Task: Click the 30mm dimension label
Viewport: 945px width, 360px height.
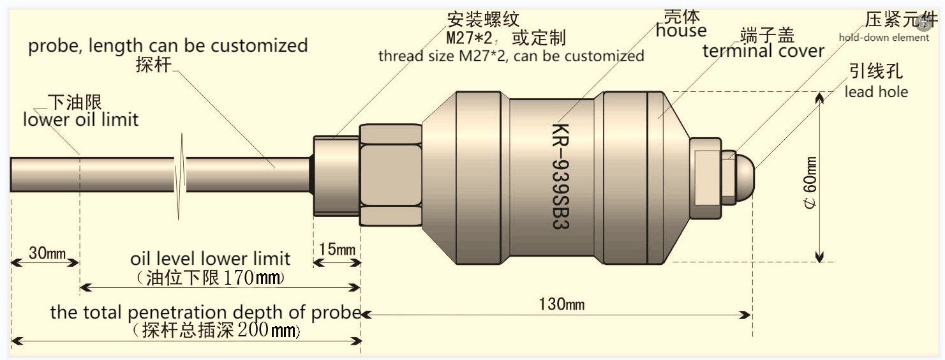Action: [x=47, y=253]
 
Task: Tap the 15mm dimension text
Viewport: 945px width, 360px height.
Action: [x=337, y=249]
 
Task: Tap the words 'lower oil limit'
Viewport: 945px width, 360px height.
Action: [x=80, y=119]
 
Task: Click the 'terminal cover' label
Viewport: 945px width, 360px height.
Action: [x=763, y=50]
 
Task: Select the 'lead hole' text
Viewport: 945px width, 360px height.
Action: [x=876, y=92]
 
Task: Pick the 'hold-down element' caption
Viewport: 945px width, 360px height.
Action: [x=884, y=38]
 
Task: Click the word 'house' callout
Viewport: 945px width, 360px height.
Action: [x=681, y=30]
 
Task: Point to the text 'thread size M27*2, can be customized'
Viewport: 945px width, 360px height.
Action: [x=511, y=56]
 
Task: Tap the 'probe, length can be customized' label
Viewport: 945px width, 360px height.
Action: [x=168, y=46]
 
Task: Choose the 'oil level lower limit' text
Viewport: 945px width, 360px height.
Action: [x=210, y=259]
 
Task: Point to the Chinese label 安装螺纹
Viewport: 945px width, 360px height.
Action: [x=483, y=19]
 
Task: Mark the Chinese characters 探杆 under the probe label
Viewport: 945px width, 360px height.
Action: [x=154, y=64]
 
